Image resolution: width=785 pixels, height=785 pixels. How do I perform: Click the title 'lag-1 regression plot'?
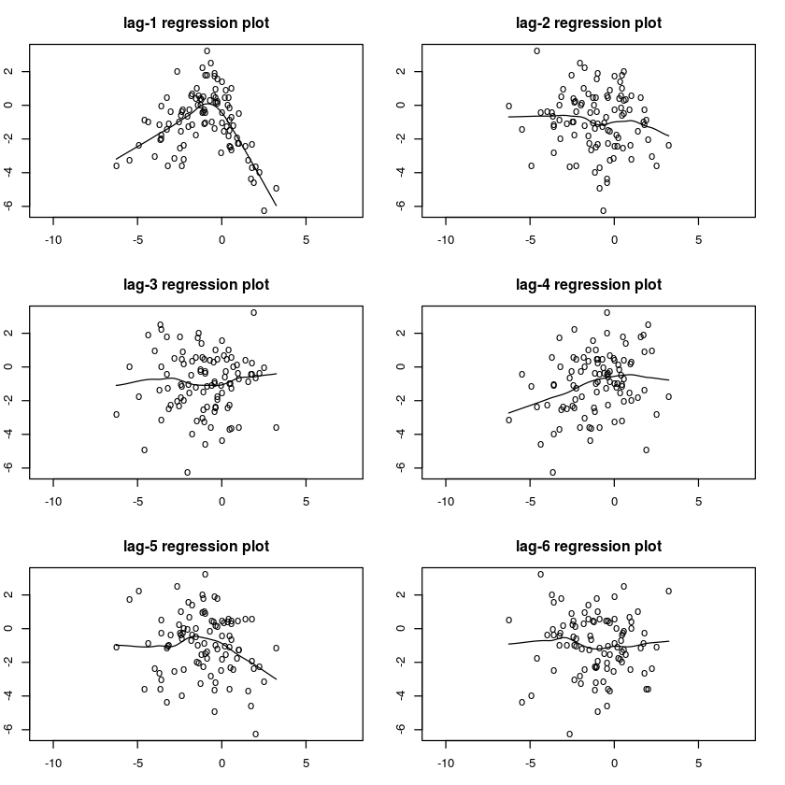(196, 22)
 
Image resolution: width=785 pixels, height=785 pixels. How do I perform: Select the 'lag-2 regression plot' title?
(589, 22)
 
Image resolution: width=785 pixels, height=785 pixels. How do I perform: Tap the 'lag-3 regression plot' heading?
(196, 284)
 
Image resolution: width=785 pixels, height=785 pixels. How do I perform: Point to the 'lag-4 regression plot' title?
(589, 284)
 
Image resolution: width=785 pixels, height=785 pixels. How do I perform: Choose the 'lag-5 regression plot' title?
(196, 546)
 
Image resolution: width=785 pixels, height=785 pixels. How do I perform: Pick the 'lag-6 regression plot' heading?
(589, 546)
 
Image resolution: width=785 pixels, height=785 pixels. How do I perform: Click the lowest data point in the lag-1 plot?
(264, 210)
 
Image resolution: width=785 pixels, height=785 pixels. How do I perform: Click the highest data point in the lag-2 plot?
(537, 51)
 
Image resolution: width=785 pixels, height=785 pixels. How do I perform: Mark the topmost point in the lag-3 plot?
(253, 313)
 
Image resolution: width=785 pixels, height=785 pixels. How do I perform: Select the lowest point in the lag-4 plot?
(553, 472)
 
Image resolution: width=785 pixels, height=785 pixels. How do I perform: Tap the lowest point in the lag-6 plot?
(569, 734)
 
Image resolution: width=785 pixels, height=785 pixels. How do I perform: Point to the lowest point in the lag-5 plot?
(255, 734)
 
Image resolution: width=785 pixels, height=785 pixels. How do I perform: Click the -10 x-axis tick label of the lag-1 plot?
(53, 238)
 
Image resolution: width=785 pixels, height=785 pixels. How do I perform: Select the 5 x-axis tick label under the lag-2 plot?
(698, 238)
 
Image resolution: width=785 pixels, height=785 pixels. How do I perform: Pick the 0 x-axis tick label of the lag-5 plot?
(221, 762)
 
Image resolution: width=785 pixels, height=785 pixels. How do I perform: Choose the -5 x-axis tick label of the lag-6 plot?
(530, 762)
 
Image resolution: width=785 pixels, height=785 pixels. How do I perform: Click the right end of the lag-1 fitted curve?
(277, 205)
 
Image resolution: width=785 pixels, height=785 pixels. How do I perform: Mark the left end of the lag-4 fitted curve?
(509, 412)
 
